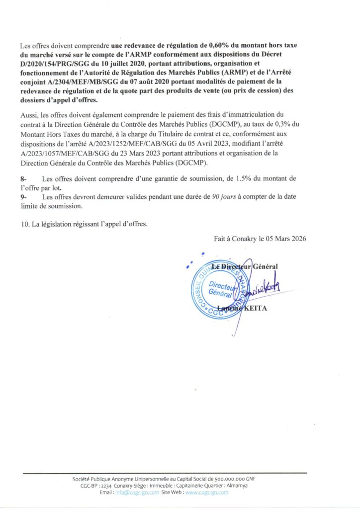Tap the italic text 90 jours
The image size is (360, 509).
[x=219, y=197]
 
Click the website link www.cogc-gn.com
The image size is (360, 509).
[x=206, y=492]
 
